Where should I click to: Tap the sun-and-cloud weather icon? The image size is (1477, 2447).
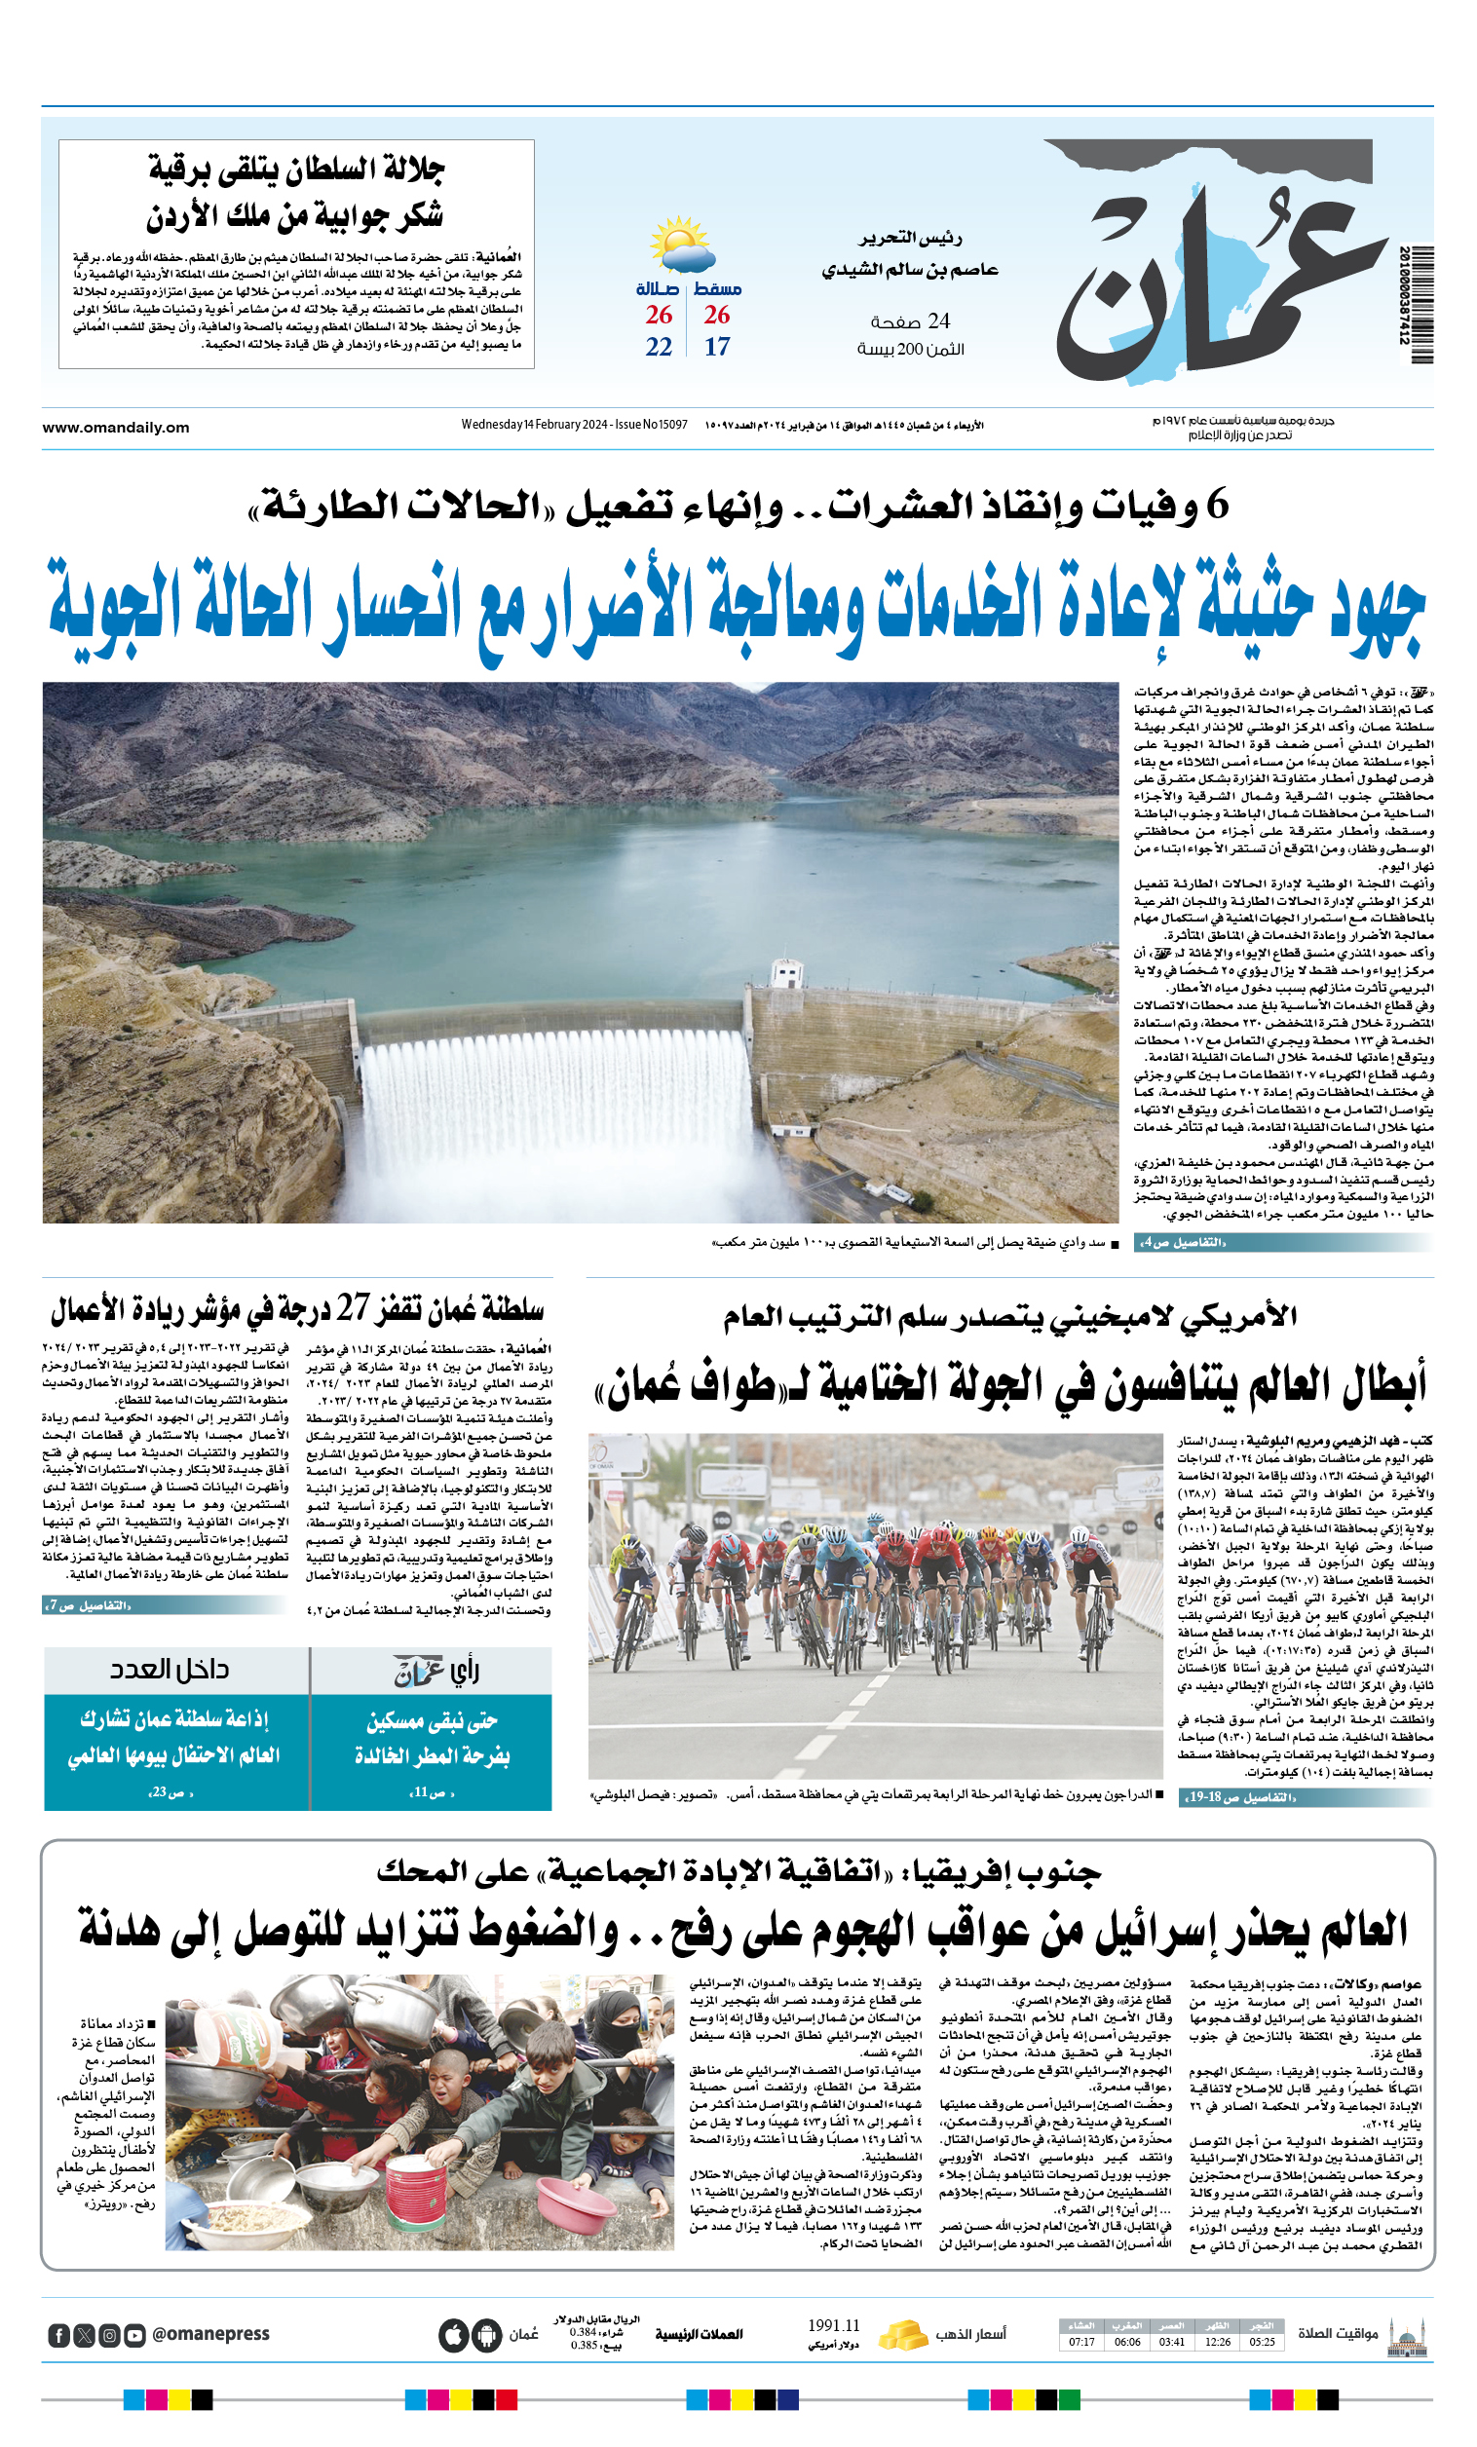(681, 245)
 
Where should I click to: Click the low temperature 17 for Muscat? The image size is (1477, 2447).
(717, 347)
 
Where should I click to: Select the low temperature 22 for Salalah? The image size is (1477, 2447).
(659, 347)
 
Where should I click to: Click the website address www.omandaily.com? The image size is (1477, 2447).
(115, 427)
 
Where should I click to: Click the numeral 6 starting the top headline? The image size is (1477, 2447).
(1217, 506)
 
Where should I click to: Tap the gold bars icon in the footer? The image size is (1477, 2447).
(902, 2335)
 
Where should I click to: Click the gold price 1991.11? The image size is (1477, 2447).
(833, 2326)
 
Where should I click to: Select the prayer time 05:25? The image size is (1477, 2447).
(1263, 2342)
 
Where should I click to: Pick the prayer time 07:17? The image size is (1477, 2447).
(1081, 2342)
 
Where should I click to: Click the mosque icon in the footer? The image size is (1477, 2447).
(1407, 2335)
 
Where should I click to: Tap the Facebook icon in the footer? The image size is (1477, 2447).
(58, 2335)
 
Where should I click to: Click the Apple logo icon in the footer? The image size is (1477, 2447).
(453, 2335)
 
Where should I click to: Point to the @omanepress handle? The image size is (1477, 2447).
(210, 2334)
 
